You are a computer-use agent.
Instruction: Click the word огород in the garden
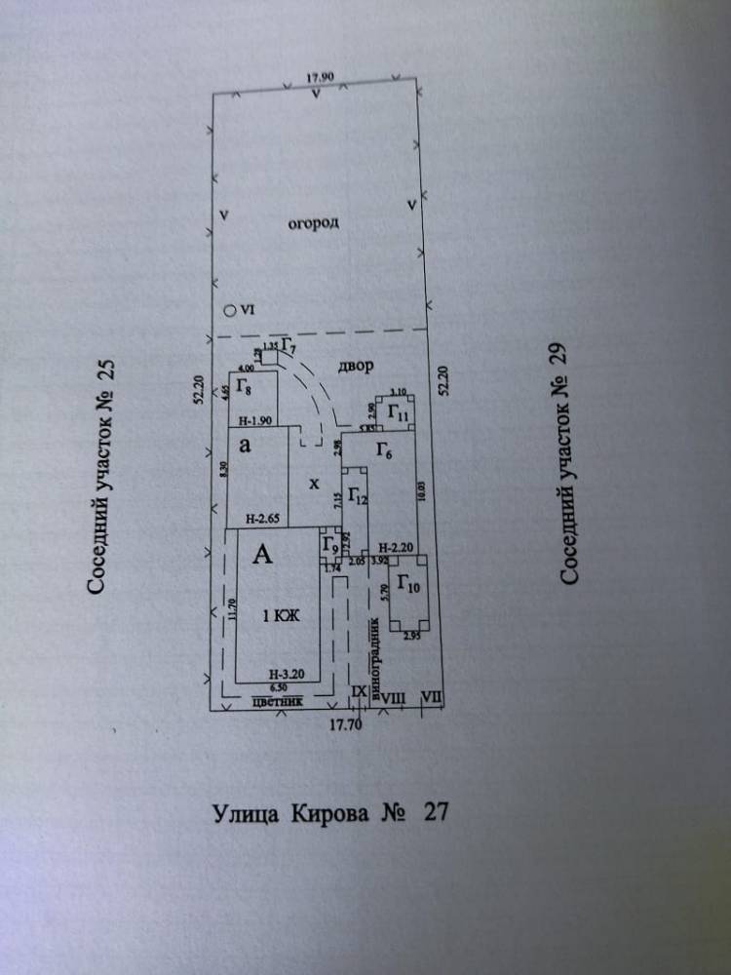(314, 224)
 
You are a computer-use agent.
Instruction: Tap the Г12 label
(356, 499)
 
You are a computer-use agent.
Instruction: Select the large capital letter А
(262, 556)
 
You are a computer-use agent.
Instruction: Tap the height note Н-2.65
(261, 519)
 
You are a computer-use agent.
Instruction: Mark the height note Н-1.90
(255, 421)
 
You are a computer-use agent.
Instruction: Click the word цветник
(284, 699)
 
